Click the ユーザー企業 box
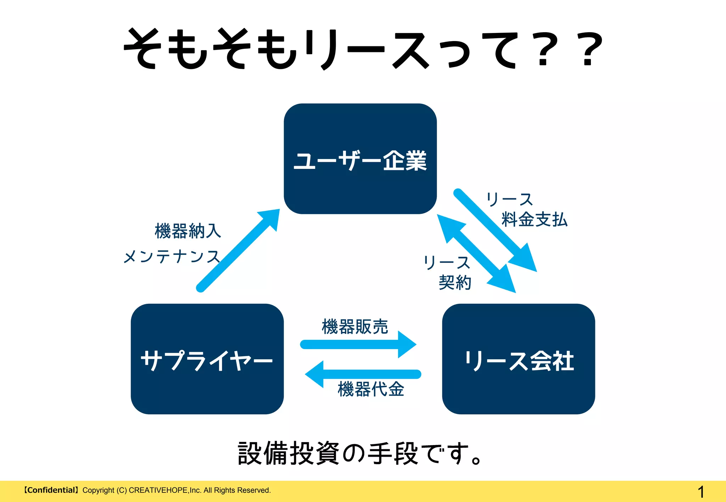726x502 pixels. point(360,159)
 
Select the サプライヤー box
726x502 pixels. point(207,359)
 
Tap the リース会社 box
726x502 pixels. point(518,359)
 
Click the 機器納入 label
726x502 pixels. point(188,231)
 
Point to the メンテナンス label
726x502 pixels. point(172,256)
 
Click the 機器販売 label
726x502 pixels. point(355,326)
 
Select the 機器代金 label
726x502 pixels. point(371,389)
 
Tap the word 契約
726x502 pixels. point(455,283)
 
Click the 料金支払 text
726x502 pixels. point(535,219)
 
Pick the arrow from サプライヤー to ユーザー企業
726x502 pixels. point(237,251)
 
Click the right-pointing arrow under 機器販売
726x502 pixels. point(358,344)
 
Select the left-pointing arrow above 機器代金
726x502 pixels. point(363,374)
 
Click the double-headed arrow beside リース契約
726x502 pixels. point(476,253)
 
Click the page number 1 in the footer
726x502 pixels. point(700,492)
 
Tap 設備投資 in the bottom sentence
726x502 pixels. point(289,453)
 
